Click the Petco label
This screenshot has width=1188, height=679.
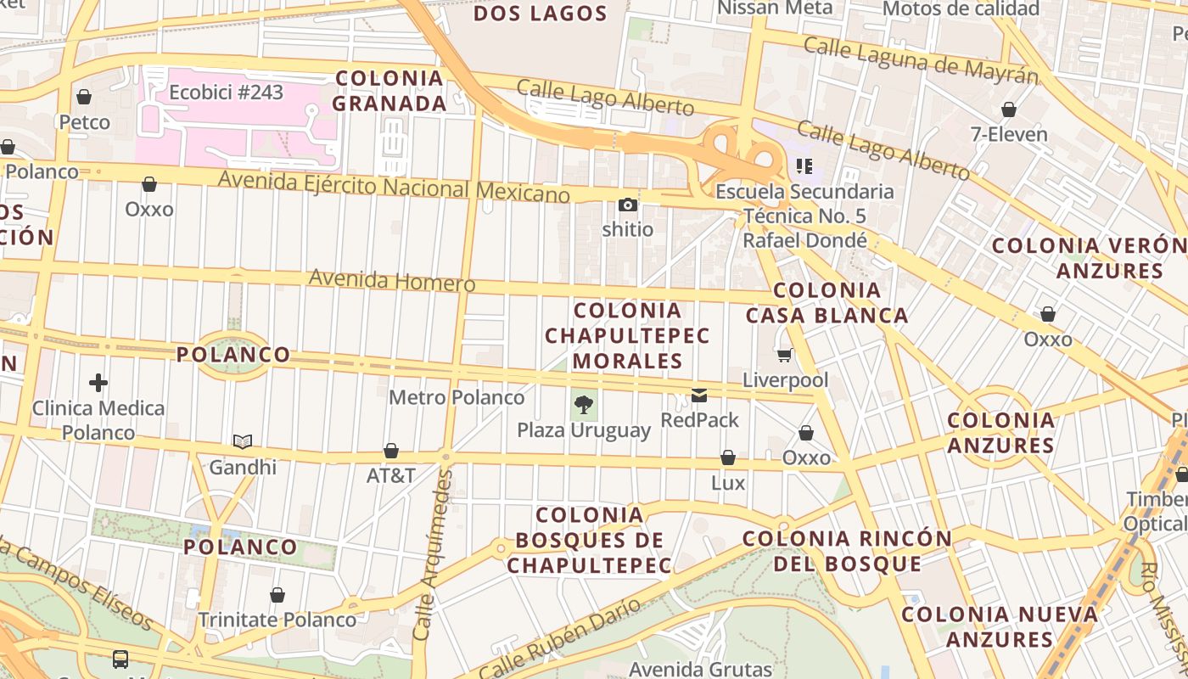[84, 122]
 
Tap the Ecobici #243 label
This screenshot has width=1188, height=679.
[226, 92]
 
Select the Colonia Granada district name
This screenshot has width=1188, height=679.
[389, 91]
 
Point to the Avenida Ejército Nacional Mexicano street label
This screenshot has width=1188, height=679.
[394, 186]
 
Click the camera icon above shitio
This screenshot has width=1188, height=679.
[628, 205]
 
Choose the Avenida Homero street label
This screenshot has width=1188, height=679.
[391, 280]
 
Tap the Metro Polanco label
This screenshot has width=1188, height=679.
[457, 397]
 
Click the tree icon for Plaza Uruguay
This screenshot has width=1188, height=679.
[583, 404]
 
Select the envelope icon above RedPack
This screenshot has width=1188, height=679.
[699, 396]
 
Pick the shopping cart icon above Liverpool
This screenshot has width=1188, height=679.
[785, 355]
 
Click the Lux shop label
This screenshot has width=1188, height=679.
[728, 483]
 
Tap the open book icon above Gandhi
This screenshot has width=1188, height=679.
[243, 441]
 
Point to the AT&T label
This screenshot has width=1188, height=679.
[391, 475]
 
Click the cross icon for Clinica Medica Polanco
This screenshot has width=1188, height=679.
[98, 383]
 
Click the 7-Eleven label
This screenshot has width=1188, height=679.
[1009, 134]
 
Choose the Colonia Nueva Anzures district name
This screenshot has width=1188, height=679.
[1000, 626]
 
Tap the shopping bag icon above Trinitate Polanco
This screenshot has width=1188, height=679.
[277, 595]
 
